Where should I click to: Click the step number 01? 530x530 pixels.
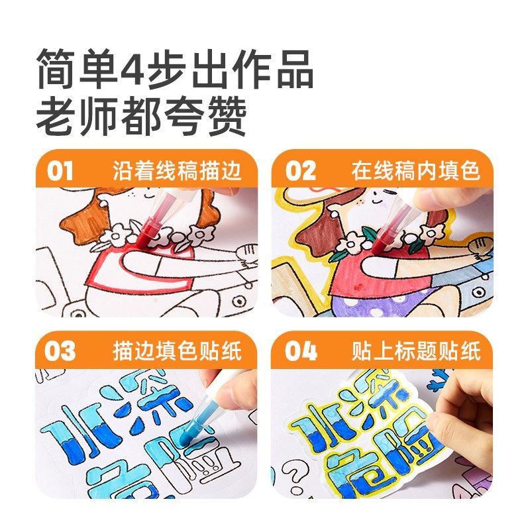60,170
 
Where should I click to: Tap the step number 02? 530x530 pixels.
300,170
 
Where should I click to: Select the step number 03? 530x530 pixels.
60,350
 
